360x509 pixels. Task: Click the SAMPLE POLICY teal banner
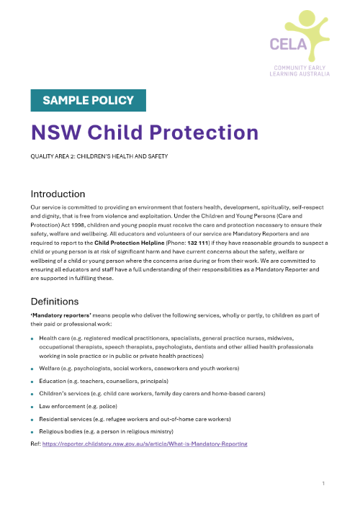pos(89,101)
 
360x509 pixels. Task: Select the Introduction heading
pos(58,194)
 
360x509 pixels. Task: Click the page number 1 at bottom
pos(325,482)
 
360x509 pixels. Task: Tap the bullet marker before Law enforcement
pos(32,406)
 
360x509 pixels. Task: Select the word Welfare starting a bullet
pos(52,368)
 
